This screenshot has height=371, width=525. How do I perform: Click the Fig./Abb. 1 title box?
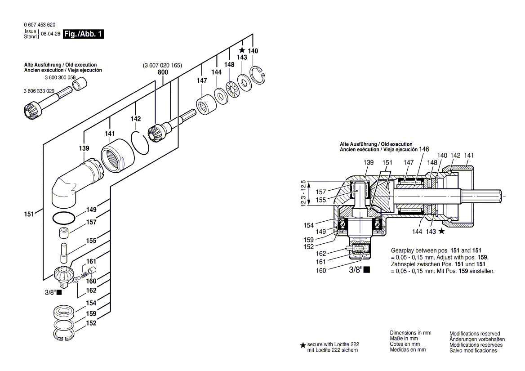click(x=84, y=34)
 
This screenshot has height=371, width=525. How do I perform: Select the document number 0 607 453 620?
click(x=40, y=25)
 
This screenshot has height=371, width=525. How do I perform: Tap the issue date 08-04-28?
click(x=50, y=34)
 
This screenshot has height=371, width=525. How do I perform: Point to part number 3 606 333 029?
click(x=39, y=91)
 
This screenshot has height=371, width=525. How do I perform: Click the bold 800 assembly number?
click(x=163, y=72)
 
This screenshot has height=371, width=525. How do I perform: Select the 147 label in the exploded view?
click(x=201, y=80)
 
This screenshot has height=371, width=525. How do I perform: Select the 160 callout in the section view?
click(x=321, y=270)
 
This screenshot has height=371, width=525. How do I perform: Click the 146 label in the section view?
click(x=424, y=148)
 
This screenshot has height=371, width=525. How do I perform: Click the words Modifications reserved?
click(x=474, y=334)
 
